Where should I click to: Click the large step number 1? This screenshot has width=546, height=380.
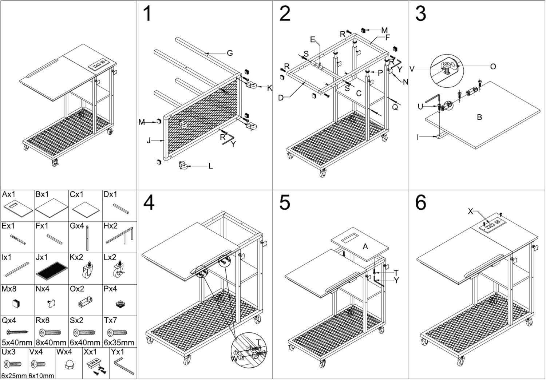(x=147, y=14)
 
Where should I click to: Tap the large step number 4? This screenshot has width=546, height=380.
(x=149, y=203)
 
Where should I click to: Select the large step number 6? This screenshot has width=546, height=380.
(x=420, y=203)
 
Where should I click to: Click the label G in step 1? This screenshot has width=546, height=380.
(x=230, y=53)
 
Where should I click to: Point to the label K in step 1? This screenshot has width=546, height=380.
(x=269, y=88)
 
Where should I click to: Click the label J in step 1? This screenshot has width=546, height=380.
(x=149, y=140)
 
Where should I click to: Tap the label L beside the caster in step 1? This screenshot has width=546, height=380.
(x=210, y=166)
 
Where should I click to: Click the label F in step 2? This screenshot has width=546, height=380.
(x=387, y=37)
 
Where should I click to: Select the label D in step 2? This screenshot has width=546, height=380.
(x=281, y=98)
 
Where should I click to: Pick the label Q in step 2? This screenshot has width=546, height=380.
(x=395, y=107)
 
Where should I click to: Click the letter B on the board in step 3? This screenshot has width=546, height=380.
(x=479, y=117)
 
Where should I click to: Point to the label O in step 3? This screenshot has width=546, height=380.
(x=493, y=67)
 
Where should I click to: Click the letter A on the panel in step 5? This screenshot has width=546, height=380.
(x=365, y=246)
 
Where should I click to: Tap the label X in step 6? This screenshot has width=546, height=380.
(x=470, y=211)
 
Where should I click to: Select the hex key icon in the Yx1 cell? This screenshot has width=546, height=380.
(x=124, y=365)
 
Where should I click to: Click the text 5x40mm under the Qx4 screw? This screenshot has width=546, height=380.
(x=17, y=343)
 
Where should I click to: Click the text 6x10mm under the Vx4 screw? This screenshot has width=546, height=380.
(x=41, y=376)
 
